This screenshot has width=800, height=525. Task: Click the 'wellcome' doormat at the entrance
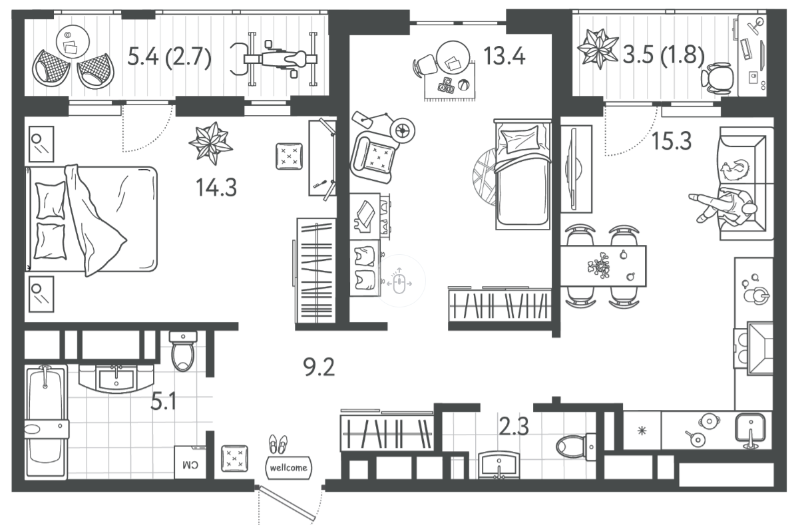[x=289, y=468]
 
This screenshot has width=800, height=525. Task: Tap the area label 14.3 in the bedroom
[x=216, y=188]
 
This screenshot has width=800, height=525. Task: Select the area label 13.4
[x=504, y=56]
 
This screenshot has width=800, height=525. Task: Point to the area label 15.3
[x=672, y=140]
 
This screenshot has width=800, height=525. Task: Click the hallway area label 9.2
[x=319, y=367]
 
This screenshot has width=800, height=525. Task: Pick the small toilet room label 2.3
[x=514, y=427]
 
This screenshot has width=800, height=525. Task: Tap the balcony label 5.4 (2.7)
[x=169, y=57]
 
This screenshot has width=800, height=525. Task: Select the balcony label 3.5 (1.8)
[x=663, y=56]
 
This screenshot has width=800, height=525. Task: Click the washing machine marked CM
[x=190, y=462]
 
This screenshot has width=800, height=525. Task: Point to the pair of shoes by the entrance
[x=278, y=444]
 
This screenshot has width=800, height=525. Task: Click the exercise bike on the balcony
[x=274, y=59]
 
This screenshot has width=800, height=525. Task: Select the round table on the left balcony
[x=73, y=41]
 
